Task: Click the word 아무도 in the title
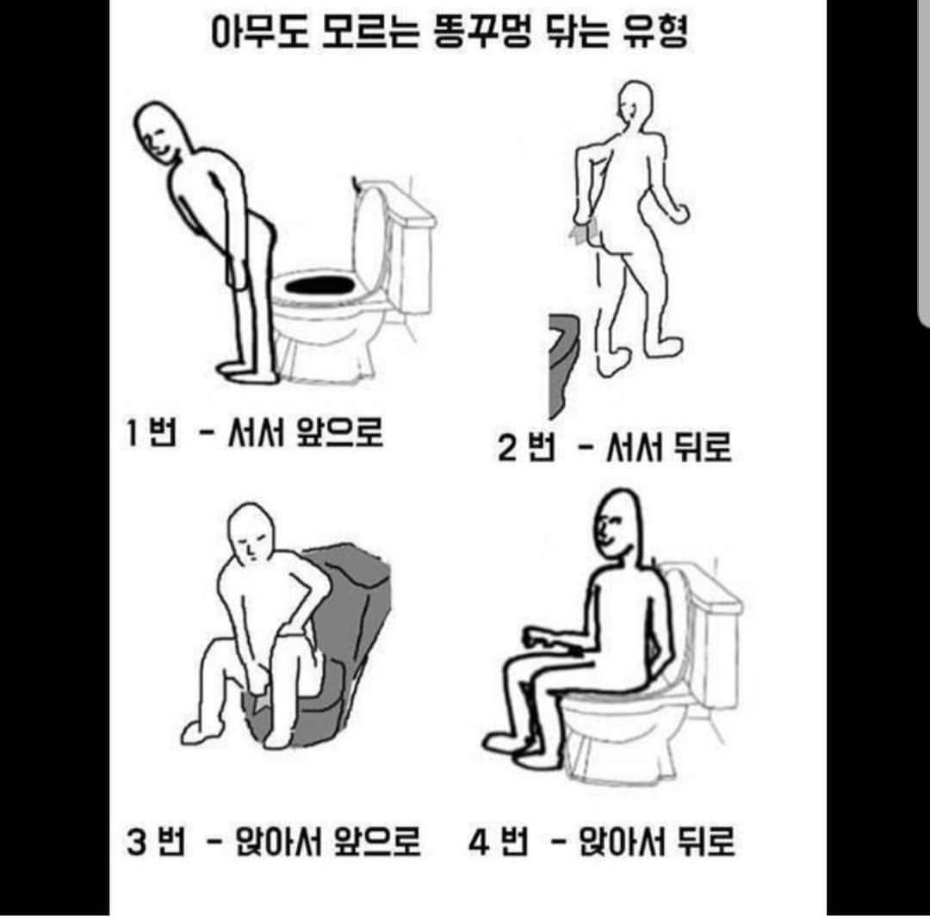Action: (x=260, y=32)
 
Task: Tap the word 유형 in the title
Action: (x=655, y=32)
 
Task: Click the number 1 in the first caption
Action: (x=132, y=432)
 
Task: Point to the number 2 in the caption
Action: (x=508, y=447)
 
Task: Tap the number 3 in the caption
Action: (x=136, y=841)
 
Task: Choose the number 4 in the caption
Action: (x=478, y=841)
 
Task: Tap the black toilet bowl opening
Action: (x=320, y=285)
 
